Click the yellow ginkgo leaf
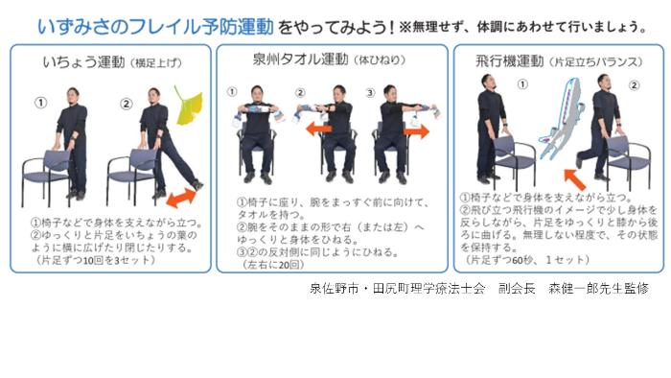click(188, 106)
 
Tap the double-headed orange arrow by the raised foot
click(181, 198)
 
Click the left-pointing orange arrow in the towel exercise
click(319, 128)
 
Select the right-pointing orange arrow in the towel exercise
click(416, 131)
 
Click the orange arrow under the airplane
click(575, 179)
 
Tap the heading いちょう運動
click(83, 62)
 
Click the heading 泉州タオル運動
click(300, 59)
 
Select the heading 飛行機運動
click(510, 61)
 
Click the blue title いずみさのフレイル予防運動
click(155, 27)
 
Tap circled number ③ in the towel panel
click(370, 92)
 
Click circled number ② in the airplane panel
click(634, 85)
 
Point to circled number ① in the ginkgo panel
click(40, 103)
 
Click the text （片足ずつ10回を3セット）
click(93, 260)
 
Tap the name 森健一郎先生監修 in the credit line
click(599, 289)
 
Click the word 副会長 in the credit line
click(517, 289)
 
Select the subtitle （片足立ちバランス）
click(595, 62)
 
